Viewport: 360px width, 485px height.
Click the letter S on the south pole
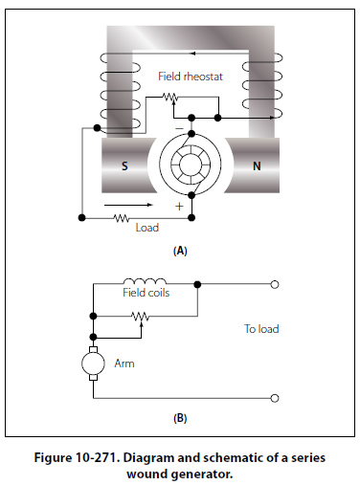(124, 165)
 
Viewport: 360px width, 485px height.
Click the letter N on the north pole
(257, 165)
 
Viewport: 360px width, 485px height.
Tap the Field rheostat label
(191, 77)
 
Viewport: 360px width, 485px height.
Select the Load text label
(147, 228)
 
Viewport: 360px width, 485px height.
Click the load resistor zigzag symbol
(122, 218)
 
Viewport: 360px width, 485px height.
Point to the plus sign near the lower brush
(179, 207)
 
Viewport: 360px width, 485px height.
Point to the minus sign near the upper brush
(180, 128)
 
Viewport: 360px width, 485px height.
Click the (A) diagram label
(180, 251)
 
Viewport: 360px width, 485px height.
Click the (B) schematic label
(180, 418)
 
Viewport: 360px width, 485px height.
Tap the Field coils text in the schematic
(146, 293)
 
